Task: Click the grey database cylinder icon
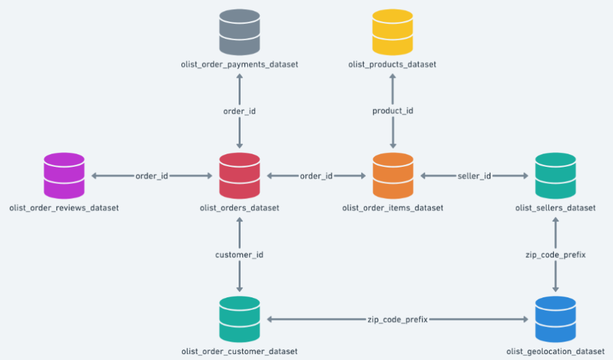coord(239,32)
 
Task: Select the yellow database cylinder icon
coord(392,32)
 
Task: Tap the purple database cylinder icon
coord(64,175)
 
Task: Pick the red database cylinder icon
coord(239,175)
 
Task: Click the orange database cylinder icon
coord(392,175)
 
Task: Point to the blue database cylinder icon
coord(555,319)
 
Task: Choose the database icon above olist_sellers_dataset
coord(555,175)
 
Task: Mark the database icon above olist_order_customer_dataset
coord(239,319)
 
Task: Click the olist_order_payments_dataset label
coord(239,64)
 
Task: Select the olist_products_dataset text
coord(392,64)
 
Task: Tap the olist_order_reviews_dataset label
coord(64,208)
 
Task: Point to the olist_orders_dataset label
coord(239,208)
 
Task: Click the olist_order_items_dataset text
coord(392,208)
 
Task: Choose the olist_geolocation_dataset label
coord(555,351)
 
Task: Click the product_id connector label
coord(392,111)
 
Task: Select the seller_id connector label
coord(474,176)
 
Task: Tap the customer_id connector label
coord(239,255)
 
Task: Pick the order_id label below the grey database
coord(239,111)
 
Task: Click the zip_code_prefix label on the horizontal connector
coord(397,320)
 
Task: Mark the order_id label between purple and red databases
coord(152,176)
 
